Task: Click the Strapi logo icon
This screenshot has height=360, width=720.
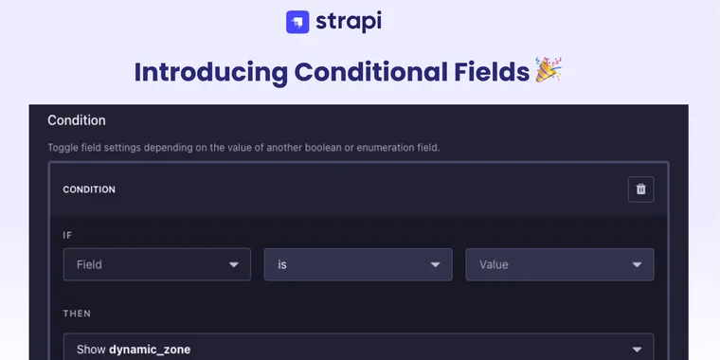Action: coord(297,22)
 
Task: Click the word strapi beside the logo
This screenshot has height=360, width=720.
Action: coord(351,21)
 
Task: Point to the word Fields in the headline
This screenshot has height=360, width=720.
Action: coord(495,72)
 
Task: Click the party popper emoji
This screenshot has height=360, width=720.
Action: coord(549,70)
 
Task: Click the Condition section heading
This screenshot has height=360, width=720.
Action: coord(77,120)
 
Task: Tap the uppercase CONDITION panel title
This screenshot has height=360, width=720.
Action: coord(89,189)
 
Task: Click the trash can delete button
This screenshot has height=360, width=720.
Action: coord(640,189)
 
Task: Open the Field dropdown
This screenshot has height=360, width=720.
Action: coord(142,264)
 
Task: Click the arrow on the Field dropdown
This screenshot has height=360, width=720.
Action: coord(234,265)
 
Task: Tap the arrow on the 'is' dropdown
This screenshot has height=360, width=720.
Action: coord(436,265)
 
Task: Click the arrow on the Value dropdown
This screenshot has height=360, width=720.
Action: coord(637,265)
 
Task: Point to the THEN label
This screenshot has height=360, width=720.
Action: coord(77,313)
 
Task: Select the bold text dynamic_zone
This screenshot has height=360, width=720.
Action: coord(150,350)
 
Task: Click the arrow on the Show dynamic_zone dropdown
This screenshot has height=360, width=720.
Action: coord(637,349)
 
